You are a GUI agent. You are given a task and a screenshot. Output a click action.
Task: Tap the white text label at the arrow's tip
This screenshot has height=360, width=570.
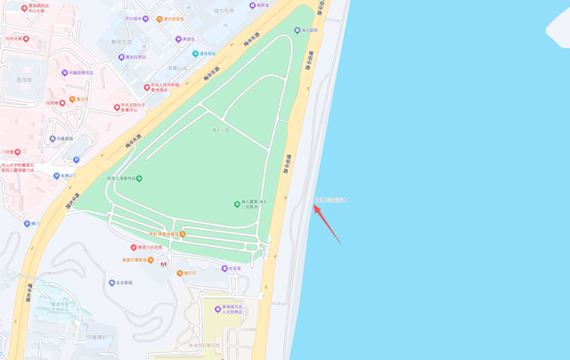330,200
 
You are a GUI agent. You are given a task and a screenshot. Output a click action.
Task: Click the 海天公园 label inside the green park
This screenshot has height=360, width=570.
221,130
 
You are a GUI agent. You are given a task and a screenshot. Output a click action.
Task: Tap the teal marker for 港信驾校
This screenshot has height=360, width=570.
195,53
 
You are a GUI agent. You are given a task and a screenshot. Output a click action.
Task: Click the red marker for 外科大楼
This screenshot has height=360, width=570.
26,39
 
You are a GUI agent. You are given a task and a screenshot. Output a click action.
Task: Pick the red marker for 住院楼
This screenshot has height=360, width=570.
62,102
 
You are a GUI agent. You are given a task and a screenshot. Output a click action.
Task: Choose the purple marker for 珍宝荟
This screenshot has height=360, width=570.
224,267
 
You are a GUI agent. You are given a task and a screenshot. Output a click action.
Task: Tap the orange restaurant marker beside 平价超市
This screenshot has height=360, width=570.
159,18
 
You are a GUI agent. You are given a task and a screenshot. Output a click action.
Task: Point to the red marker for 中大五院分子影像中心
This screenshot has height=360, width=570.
116,108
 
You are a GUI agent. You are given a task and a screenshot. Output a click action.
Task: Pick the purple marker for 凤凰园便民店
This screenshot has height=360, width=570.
64,72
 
